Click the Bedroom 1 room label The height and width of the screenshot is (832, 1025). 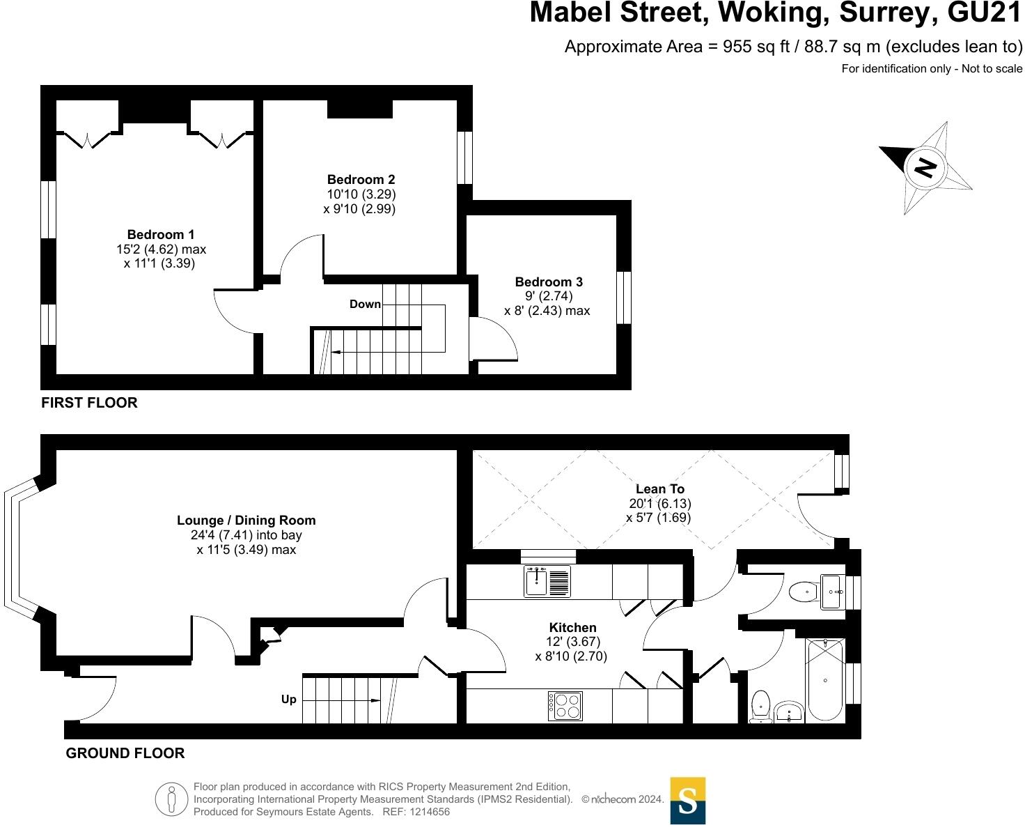[x=161, y=235]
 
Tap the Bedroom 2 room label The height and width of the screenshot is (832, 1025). [x=361, y=180]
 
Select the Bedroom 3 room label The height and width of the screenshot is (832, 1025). [x=549, y=282]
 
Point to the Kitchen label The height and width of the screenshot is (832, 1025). [x=572, y=627]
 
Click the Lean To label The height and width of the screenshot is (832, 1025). [x=659, y=488]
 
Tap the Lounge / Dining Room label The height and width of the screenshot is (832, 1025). [x=246, y=520]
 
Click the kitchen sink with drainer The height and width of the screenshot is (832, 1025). [x=547, y=582]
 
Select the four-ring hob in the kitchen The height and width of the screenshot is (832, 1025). [x=565, y=705]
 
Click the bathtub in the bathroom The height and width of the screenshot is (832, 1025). [x=825, y=679]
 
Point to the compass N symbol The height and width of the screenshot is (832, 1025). [x=925, y=167]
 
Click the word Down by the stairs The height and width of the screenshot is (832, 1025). [x=365, y=304]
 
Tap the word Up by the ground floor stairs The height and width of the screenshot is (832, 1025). [x=289, y=699]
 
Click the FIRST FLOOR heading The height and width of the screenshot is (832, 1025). [x=89, y=403]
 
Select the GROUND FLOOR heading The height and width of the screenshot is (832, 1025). [x=125, y=753]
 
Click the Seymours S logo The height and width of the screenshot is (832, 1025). [x=687, y=801]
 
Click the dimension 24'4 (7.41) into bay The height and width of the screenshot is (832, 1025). [x=246, y=535]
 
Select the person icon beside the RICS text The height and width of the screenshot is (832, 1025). [x=171, y=799]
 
